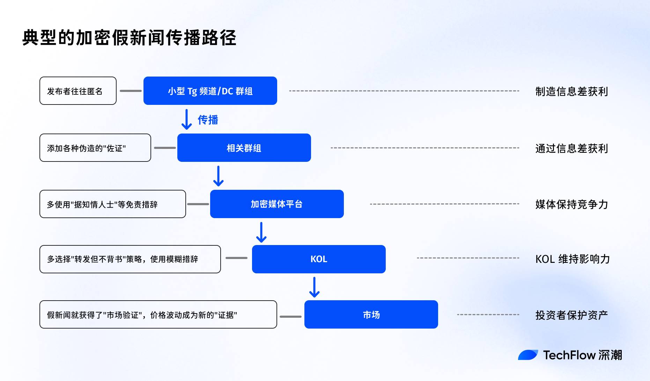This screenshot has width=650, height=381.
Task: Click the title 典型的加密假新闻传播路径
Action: [129, 38]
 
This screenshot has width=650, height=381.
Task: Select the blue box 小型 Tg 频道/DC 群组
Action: [210, 91]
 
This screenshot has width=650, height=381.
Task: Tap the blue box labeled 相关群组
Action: [244, 148]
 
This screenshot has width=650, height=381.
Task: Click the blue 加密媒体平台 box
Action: [277, 204]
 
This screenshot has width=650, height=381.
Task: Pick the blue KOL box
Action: [319, 259]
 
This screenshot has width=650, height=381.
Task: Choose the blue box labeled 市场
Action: [371, 315]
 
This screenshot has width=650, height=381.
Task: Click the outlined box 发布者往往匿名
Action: [78, 91]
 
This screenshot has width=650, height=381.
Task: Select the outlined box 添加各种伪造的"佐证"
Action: [95, 148]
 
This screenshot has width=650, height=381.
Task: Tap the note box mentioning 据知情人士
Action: [112, 204]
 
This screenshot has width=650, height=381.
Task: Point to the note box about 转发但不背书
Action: [130, 259]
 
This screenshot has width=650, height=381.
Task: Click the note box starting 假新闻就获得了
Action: [158, 315]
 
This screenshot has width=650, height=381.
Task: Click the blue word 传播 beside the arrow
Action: [208, 120]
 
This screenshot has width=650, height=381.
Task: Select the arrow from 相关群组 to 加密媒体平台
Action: [219, 176]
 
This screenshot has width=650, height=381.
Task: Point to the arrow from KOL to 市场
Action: [315, 287]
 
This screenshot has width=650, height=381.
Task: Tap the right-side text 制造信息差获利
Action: [571, 92]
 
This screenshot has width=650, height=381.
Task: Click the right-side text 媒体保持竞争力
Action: [571, 204]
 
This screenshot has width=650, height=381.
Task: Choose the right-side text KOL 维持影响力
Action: [573, 259]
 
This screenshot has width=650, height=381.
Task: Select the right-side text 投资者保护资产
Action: [571, 315]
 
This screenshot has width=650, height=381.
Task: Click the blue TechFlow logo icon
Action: [528, 355]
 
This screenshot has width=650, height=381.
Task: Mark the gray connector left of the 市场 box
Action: [290, 317]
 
